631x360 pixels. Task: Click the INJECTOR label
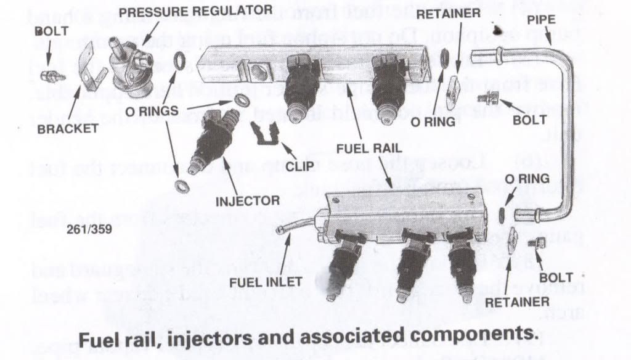247,201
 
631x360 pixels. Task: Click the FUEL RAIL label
367,149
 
